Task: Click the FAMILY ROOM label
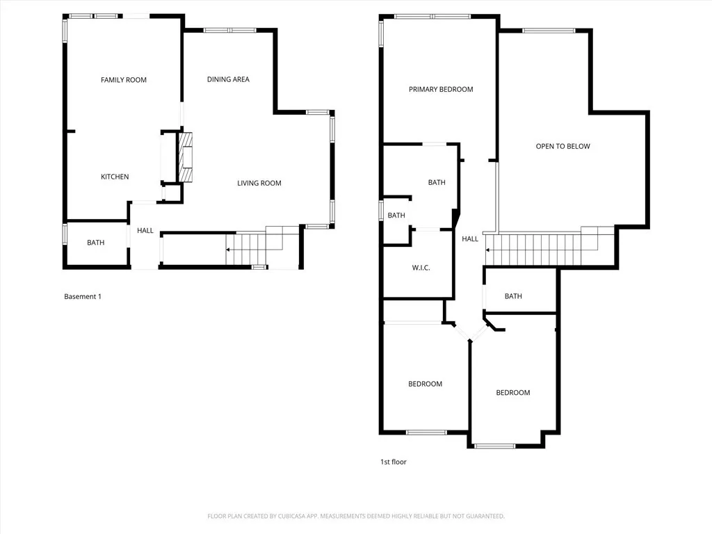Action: pyautogui.click(x=124, y=80)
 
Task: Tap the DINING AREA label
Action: pyautogui.click(x=228, y=79)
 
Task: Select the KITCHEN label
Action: pyautogui.click(x=115, y=177)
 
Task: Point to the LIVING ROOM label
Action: pyautogui.click(x=259, y=183)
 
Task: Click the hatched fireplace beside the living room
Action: pyautogui.click(x=186, y=158)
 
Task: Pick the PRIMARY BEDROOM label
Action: pyautogui.click(x=441, y=89)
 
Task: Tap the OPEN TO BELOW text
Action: pyautogui.click(x=563, y=146)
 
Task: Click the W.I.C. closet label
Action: pyautogui.click(x=421, y=267)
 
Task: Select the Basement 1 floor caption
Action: pyautogui.click(x=83, y=296)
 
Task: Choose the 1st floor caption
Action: pyautogui.click(x=393, y=461)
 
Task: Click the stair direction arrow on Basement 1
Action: pyautogui.click(x=228, y=249)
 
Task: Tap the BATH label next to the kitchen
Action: pyautogui.click(x=95, y=243)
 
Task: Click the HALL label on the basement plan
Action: pyautogui.click(x=145, y=230)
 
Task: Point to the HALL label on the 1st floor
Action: pyautogui.click(x=470, y=238)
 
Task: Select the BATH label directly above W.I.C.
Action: pyautogui.click(x=396, y=216)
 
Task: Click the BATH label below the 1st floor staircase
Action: pyautogui.click(x=513, y=296)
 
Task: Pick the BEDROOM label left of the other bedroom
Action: pyautogui.click(x=425, y=384)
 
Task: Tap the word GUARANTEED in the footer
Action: pyautogui.click(x=484, y=516)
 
